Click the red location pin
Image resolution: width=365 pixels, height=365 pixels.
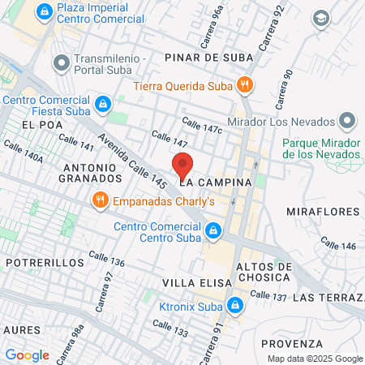[183, 165]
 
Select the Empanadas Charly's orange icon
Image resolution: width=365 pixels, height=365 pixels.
[101, 201]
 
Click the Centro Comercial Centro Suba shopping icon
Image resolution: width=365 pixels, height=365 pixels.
[213, 231]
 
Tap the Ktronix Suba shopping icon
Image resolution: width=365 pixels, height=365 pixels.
[234, 305]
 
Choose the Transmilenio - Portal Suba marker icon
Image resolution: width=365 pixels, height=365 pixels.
[60, 62]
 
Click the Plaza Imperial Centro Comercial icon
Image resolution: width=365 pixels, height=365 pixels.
[44, 12]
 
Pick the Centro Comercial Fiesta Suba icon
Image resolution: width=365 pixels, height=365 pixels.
[103, 104]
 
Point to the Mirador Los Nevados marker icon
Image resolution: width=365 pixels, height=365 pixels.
[348, 122]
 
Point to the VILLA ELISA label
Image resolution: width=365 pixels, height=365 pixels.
[192, 282]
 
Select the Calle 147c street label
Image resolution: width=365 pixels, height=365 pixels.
[202, 125]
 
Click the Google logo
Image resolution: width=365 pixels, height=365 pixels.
[28, 354]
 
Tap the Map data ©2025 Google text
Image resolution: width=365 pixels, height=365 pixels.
[316, 359]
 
